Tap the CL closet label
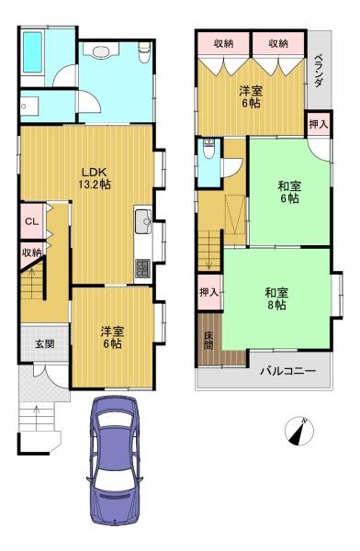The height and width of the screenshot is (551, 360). click(x=30, y=221)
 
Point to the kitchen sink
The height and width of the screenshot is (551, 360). click(x=143, y=222)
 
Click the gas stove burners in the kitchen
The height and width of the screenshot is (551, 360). click(x=143, y=268)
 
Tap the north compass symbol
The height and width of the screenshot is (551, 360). click(x=297, y=430)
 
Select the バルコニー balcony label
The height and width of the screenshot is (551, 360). click(x=287, y=371)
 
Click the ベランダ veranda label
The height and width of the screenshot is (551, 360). click(x=318, y=70)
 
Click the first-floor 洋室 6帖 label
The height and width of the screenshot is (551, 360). click(x=112, y=337)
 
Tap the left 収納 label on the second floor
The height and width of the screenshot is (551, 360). click(x=224, y=43)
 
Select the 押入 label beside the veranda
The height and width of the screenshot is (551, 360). click(x=318, y=123)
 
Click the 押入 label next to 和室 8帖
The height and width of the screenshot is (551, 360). click(x=208, y=292)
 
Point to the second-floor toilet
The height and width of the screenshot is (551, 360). click(x=209, y=153)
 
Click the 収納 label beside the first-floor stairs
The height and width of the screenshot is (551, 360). click(x=31, y=253)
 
